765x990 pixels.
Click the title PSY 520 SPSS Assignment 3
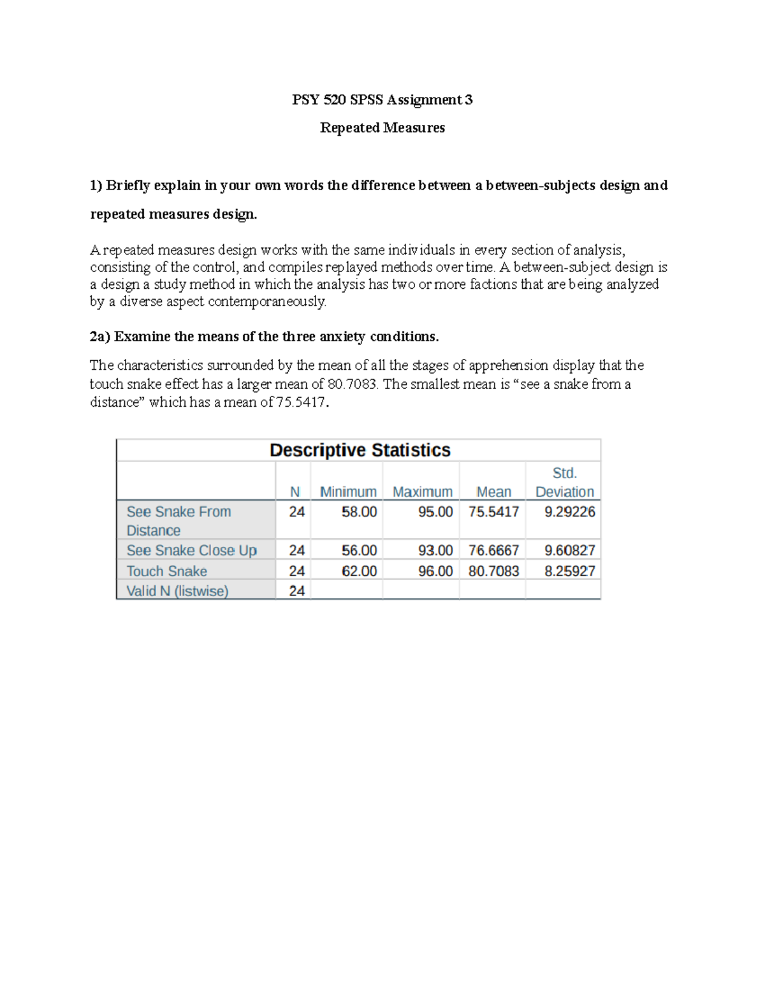point(382,99)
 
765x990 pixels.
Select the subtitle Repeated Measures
point(382,127)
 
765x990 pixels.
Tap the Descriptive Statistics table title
point(360,450)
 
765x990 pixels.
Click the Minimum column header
point(348,491)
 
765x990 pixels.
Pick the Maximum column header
point(422,491)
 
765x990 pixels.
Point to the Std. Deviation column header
point(564,483)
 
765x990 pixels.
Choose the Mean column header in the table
point(493,491)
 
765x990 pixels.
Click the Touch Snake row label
point(166,571)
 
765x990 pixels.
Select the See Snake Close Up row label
point(191,550)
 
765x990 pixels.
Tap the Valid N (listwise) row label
point(177,591)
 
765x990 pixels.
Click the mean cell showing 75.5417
point(493,512)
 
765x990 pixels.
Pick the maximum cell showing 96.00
point(435,571)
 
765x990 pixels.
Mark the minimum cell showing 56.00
point(359,550)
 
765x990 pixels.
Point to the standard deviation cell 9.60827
point(569,550)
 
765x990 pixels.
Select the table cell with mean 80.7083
point(493,571)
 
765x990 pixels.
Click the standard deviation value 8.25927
point(569,571)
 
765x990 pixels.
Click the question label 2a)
point(100,337)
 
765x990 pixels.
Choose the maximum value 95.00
point(435,512)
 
